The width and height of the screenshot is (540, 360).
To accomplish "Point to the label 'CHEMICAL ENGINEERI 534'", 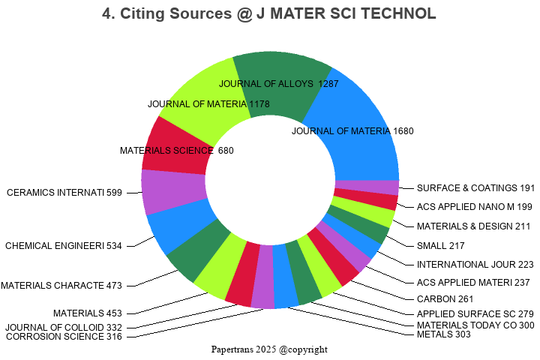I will coord(63,245).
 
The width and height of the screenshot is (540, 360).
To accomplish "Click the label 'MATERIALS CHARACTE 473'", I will coord(61,285).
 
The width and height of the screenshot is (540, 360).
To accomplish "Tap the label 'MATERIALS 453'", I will coord(87,313).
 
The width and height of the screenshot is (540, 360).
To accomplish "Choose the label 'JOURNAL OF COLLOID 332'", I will coord(63,327).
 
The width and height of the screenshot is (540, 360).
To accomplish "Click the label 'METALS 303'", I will coord(443,334).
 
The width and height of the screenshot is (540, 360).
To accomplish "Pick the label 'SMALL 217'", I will coord(440,245).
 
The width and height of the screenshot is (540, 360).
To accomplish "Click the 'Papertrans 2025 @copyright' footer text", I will coord(269,349).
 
